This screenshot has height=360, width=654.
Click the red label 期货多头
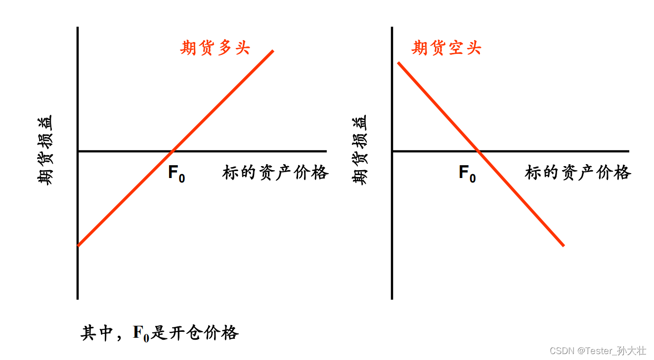(215, 48)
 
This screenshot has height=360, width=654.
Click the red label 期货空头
(446, 48)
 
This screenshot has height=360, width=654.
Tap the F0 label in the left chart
(176, 173)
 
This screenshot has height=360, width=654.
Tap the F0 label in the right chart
(467, 173)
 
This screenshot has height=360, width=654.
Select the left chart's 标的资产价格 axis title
(275, 173)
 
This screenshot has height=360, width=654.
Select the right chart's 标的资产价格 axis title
(578, 173)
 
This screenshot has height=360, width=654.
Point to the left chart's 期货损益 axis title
(45, 150)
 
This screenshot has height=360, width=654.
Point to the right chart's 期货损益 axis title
(360, 150)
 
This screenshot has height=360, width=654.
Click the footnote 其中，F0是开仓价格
(160, 333)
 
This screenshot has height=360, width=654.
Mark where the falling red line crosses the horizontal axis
(479, 151)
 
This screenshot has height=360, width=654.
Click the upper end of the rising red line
(272, 51)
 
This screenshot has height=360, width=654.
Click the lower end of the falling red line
(563, 245)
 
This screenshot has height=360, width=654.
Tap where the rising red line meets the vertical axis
(78, 245)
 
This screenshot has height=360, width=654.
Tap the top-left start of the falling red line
(398, 63)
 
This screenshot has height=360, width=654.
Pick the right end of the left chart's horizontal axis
(326, 151)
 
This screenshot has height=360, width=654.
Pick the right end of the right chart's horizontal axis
(628, 151)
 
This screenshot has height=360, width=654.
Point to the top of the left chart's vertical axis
(78, 28)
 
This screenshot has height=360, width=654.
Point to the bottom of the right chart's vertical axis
(392, 298)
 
